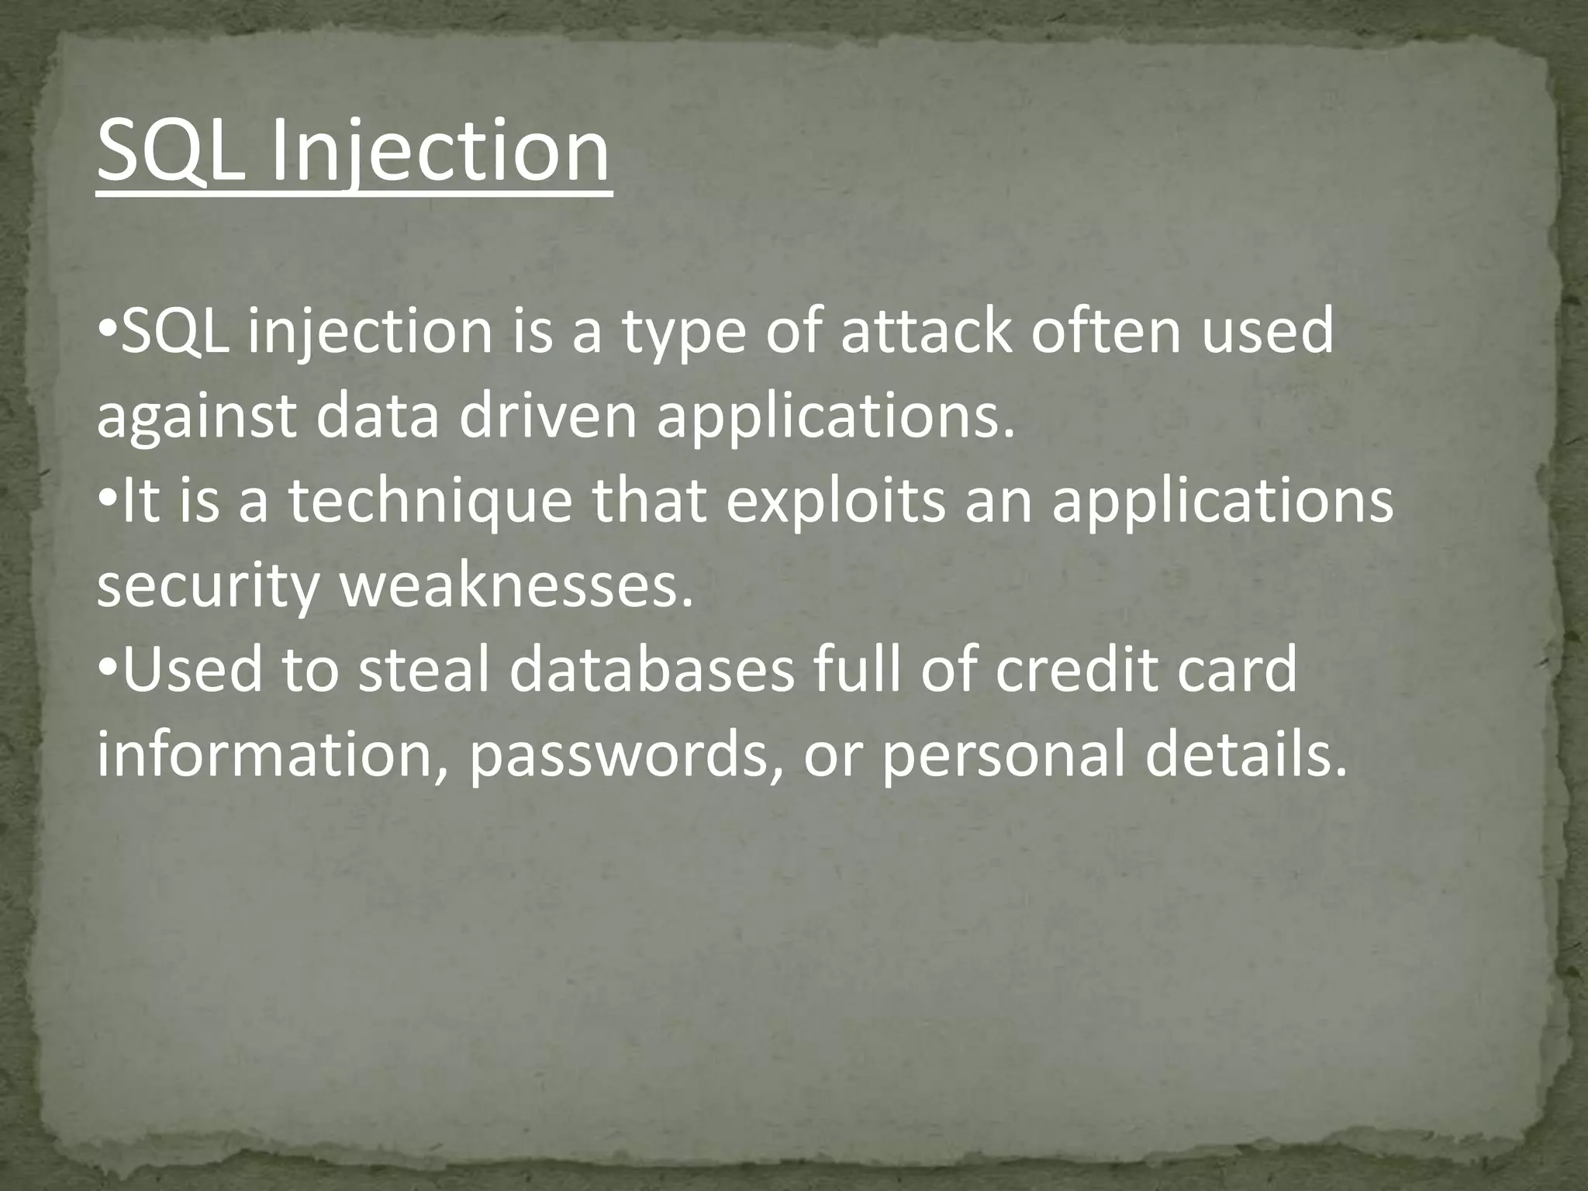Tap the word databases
click(x=652, y=671)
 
